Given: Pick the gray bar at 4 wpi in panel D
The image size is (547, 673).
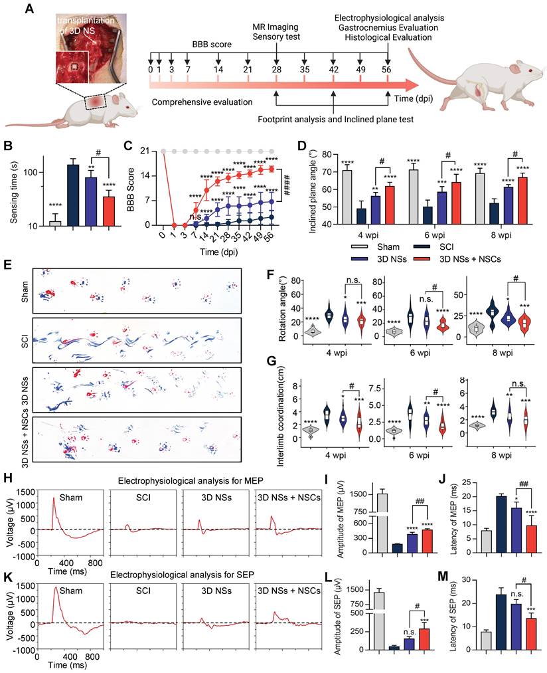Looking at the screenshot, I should (347, 197).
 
